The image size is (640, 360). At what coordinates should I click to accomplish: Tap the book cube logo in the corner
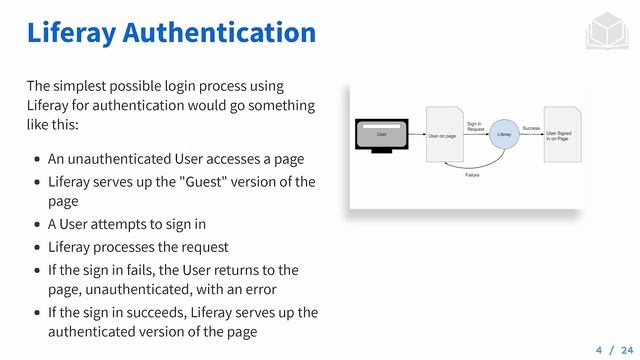(601, 32)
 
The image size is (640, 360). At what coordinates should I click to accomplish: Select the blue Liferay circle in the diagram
(505, 133)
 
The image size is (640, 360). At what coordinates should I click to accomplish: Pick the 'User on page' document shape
(445, 134)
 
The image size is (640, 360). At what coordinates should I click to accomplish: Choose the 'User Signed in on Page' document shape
(562, 134)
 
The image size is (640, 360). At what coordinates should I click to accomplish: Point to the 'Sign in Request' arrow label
(476, 126)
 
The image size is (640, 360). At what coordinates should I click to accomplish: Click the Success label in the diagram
(531, 129)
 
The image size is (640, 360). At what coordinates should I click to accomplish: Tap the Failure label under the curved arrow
(474, 174)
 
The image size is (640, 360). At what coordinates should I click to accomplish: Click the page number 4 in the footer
(599, 350)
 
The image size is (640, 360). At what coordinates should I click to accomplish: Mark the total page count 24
(627, 350)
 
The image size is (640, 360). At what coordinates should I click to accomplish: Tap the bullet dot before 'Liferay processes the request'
(37, 247)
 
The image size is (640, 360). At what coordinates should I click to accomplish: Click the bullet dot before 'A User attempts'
(37, 224)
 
